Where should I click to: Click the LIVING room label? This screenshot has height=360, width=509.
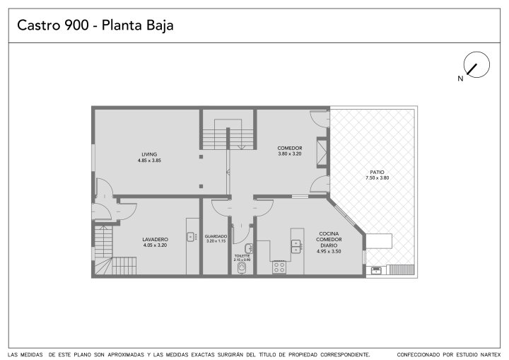click(149, 154)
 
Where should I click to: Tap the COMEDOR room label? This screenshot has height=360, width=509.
click(290, 148)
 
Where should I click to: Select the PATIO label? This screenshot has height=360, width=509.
click(377, 172)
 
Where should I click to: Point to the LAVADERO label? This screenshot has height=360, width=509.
click(155, 240)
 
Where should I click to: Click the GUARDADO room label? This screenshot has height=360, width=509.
click(216, 236)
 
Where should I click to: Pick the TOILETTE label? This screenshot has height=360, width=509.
click(242, 256)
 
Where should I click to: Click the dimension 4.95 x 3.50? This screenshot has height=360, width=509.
click(329, 251)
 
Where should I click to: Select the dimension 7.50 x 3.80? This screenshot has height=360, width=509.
click(378, 178)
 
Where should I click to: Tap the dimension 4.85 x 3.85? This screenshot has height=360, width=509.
click(149, 160)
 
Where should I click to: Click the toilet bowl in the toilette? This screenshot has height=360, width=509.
click(242, 268)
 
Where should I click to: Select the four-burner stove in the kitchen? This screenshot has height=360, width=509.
click(279, 267)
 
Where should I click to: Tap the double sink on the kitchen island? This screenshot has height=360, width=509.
click(296, 246)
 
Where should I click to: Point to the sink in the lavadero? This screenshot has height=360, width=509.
click(191, 236)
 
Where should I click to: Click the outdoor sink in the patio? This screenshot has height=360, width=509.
click(376, 270)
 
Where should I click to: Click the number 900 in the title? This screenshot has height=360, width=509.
click(76, 25)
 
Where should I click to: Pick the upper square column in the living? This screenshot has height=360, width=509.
click(201, 157)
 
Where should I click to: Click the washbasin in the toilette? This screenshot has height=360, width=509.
click(250, 248)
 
